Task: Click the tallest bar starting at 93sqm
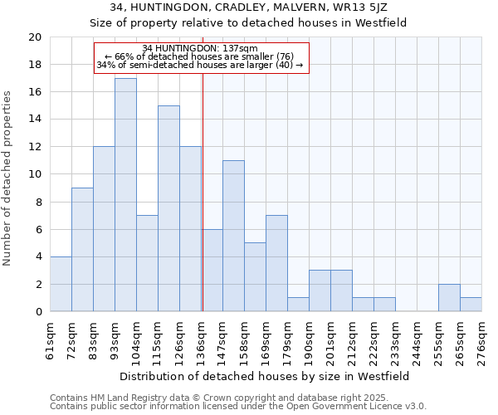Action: click(125, 194)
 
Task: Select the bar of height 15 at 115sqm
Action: click(168, 208)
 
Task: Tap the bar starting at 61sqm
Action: click(61, 284)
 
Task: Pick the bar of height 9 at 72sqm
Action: click(82, 249)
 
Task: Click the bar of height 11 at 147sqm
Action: click(233, 236)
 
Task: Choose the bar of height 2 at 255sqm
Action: click(449, 297)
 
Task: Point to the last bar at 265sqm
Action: click(471, 304)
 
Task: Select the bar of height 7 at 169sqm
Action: click(276, 263)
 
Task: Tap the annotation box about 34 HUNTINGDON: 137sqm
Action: click(201, 56)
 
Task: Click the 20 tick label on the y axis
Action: click(34, 37)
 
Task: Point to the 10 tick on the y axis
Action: click(34, 174)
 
